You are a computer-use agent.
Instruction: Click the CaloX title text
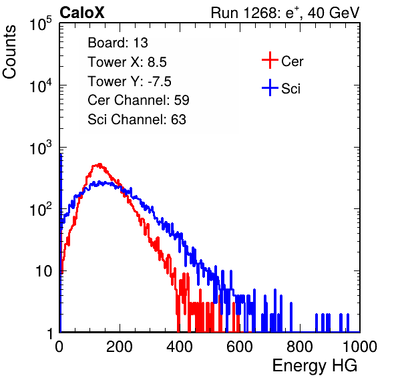[81, 13]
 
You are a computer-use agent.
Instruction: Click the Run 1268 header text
[285, 13]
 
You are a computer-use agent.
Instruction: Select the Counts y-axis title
[9, 52]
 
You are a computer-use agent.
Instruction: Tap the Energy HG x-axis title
[315, 366]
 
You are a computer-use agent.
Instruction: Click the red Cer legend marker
[270, 60]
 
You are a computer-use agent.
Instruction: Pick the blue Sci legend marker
[270, 87]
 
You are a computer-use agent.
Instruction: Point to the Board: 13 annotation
[118, 43]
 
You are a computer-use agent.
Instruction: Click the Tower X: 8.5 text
[127, 62]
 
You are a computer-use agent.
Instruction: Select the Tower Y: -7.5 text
[130, 81]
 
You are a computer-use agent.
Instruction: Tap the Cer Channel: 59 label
[138, 100]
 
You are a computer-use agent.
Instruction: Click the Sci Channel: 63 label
[137, 120]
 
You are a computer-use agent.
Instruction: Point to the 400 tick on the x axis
[180, 347]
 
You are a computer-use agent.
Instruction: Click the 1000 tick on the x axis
[360, 347]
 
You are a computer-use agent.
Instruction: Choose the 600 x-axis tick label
[240, 347]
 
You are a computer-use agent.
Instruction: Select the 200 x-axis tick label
[120, 347]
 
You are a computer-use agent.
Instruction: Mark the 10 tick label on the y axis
[44, 271]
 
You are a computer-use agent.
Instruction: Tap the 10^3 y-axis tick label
[41, 148]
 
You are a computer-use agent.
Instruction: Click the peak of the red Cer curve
[99, 164]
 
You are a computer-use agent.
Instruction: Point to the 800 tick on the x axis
[300, 347]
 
